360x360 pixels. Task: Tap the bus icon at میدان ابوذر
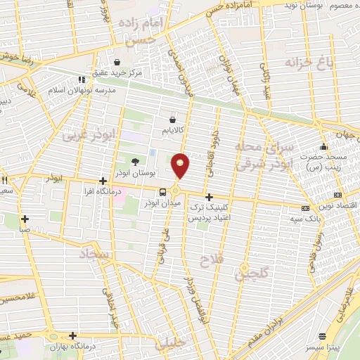click(x=163, y=192)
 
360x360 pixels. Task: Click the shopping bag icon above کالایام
click(x=172, y=120)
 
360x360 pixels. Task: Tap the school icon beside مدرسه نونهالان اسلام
click(x=82, y=79)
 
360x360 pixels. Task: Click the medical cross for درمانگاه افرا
click(x=103, y=181)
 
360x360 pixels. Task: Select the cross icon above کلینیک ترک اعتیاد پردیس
click(x=209, y=198)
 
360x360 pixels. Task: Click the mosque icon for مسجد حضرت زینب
click(x=323, y=147)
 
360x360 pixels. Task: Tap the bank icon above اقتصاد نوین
click(x=338, y=195)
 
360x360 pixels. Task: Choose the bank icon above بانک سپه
click(x=305, y=209)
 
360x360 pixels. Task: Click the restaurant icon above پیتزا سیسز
click(x=323, y=337)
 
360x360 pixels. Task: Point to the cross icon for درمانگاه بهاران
click(x=72, y=335)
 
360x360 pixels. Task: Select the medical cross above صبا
click(x=25, y=219)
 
